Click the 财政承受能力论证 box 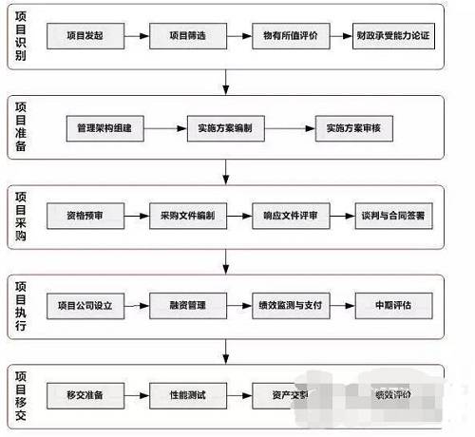[x=393, y=35]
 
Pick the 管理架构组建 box [x=104, y=126]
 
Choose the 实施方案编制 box [x=226, y=126]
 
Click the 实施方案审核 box [x=351, y=126]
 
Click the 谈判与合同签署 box [x=393, y=216]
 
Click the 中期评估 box [x=393, y=306]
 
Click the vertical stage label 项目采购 [x=22, y=217]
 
